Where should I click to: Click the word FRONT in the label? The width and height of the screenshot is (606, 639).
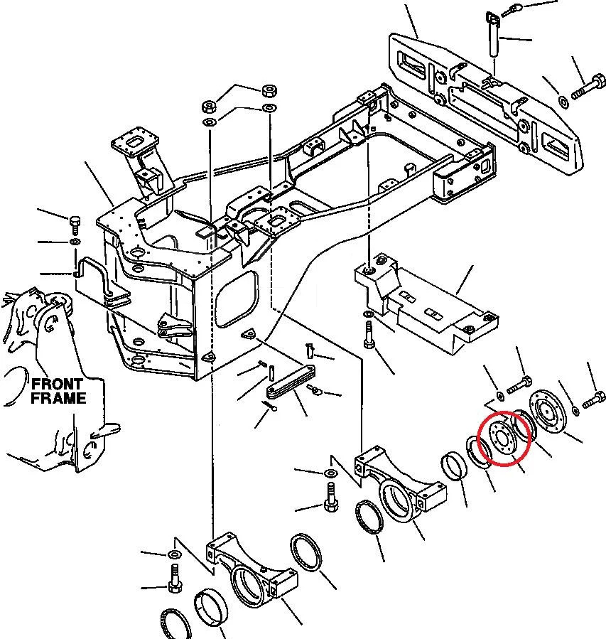(x=57, y=384)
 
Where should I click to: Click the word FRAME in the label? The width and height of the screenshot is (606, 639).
(x=59, y=398)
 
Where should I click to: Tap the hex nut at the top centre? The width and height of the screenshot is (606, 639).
(x=269, y=90)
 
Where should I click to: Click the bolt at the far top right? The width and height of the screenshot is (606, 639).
(x=588, y=86)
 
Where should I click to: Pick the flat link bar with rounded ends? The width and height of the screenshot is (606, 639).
(x=291, y=381)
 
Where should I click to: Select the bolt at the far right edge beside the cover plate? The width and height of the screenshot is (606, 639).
(x=594, y=399)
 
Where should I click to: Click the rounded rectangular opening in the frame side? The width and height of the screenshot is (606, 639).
(x=237, y=299)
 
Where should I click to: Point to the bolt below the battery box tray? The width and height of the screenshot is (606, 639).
(x=369, y=335)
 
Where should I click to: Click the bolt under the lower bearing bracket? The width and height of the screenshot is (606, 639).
(x=175, y=578)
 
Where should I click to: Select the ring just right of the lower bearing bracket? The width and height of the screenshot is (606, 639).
(x=306, y=553)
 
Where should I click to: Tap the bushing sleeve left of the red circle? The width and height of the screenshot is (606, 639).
(x=455, y=465)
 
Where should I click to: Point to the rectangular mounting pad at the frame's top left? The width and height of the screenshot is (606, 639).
(x=133, y=144)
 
